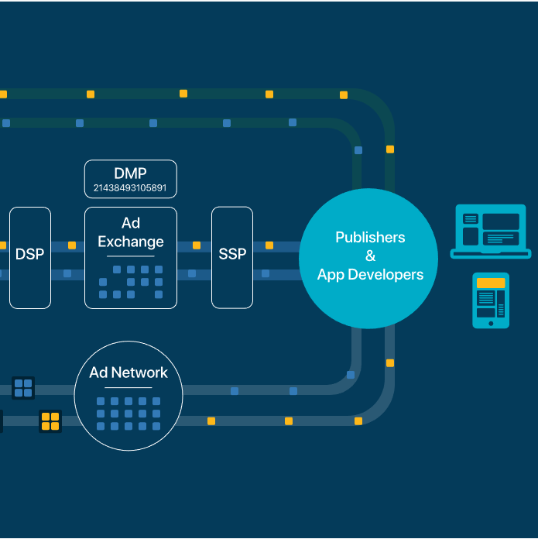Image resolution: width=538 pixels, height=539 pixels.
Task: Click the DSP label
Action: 30,254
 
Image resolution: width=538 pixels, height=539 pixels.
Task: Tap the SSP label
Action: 232,254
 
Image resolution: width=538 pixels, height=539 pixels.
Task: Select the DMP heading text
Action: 131,173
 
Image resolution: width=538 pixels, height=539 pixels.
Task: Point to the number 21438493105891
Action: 130,188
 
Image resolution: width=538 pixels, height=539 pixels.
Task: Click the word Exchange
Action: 131,242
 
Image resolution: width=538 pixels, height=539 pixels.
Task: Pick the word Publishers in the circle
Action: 370,237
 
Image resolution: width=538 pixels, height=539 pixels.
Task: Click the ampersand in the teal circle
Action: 370,256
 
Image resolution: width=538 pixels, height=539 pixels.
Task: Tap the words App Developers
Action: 370,275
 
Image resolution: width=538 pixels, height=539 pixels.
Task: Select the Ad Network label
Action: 129,372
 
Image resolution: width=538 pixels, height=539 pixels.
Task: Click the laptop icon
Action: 491,232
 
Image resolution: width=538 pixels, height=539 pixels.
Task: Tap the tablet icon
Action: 491,300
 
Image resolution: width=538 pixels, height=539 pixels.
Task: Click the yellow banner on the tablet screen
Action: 491,283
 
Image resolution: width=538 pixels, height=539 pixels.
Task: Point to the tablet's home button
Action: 491,324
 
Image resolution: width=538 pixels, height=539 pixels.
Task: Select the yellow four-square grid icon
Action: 50,421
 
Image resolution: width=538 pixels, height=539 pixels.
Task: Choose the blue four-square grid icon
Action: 23,388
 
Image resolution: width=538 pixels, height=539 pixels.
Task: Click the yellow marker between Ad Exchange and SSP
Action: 197,245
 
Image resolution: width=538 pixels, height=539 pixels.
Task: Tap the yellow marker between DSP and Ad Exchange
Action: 72,245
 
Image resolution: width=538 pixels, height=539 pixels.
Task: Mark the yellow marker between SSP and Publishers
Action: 269,245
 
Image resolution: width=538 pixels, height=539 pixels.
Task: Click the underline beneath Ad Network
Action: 129,387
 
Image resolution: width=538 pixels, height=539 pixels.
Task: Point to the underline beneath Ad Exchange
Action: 131,256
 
